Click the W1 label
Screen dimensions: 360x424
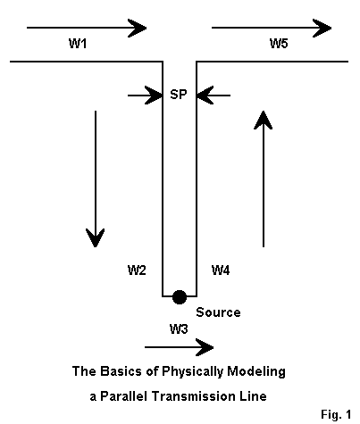click(78, 44)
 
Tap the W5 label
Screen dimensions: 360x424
click(279, 44)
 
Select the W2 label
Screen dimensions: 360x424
click(137, 270)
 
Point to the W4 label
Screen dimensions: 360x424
click(221, 270)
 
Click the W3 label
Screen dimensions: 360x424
click(179, 329)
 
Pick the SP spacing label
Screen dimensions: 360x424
click(179, 95)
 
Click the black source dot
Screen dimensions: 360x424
click(180, 297)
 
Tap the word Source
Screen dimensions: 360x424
click(218, 312)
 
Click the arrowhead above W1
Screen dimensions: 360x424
click(137, 28)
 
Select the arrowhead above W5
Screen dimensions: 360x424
click(322, 28)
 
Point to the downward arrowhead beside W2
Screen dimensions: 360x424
click(96, 237)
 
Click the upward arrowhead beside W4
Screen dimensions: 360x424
click(264, 120)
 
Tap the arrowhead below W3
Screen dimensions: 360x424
click(205, 347)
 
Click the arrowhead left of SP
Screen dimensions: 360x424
click(154, 96)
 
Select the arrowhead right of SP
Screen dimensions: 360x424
click(205, 96)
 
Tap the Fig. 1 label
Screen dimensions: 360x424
click(336, 414)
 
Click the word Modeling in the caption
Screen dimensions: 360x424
click(256, 371)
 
